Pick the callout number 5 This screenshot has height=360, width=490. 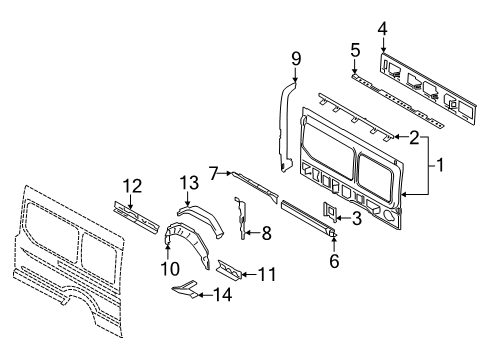click(x=355, y=49)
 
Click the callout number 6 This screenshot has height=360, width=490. click(x=334, y=261)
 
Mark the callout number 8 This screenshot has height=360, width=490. click(x=266, y=233)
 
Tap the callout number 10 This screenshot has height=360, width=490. click(x=170, y=268)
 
